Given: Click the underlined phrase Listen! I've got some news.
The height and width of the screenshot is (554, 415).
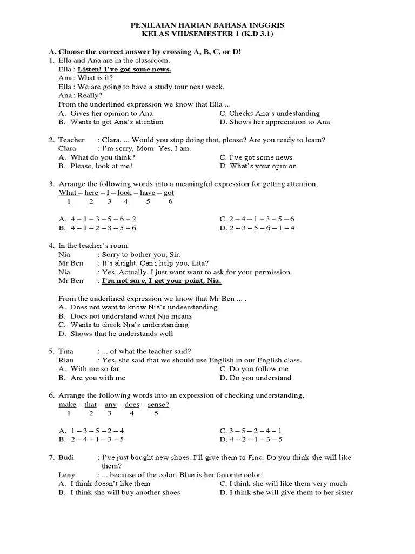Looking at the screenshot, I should point(124,69).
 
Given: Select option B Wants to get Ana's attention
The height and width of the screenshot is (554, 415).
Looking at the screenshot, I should point(110,122).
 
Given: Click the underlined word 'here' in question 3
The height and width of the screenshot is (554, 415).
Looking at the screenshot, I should point(91,193).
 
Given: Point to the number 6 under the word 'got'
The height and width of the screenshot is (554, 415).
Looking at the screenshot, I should point(170,202).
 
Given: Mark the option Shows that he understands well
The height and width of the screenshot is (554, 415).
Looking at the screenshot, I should point(122,334).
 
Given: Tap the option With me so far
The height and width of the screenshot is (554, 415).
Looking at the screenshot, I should point(95,369).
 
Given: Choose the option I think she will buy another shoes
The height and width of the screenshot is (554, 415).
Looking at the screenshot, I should point(125,492).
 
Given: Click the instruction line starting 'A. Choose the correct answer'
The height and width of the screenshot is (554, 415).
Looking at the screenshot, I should point(145,51).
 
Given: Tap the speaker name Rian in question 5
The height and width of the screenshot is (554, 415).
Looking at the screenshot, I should point(66,360).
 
